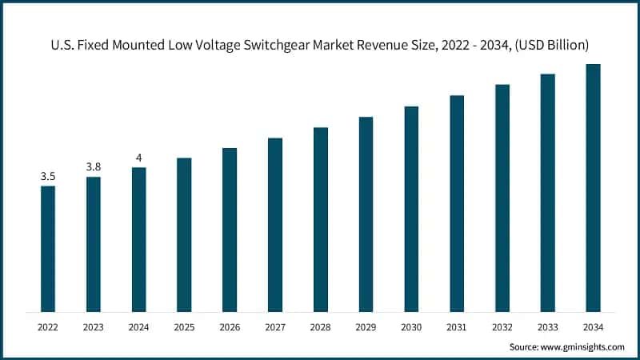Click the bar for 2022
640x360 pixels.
pos(48,249)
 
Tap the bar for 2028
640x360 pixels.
pos(321,219)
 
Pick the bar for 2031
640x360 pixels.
pos(457,203)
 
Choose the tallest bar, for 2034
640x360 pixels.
pos(593,188)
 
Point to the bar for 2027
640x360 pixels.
pos(275,225)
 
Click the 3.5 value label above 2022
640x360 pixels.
pos(48,176)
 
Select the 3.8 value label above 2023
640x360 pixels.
pos(94,166)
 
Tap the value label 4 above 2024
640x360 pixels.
pos(139,158)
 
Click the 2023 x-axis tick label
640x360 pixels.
pos(94,327)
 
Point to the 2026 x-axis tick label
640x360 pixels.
pos(230,327)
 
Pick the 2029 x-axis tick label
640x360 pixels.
pos(366,327)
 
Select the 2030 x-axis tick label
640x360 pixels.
pos(411,327)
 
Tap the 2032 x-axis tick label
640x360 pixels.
pos(502,327)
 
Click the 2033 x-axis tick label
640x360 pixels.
pos(547,327)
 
